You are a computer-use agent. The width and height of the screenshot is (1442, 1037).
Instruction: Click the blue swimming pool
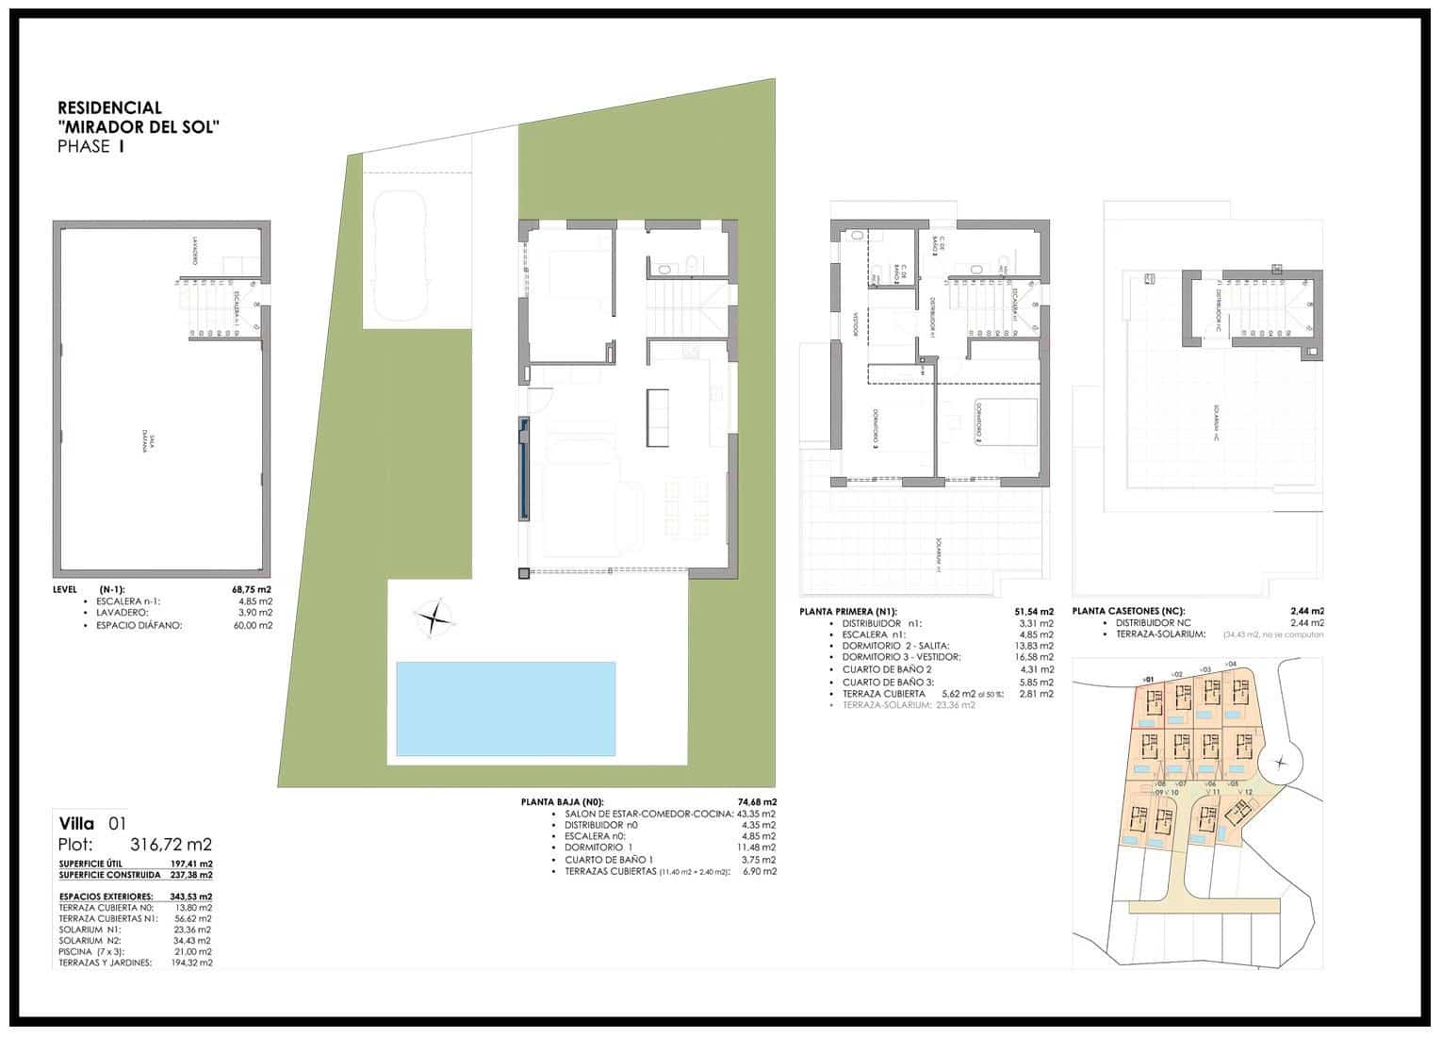[505, 708]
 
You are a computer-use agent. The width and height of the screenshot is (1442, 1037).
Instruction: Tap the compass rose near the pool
[434, 619]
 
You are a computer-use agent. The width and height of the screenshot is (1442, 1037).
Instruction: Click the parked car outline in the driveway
[401, 255]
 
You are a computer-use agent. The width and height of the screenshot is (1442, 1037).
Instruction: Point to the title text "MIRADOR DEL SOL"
[139, 127]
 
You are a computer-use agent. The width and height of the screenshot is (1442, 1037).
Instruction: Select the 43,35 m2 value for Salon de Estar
[756, 814]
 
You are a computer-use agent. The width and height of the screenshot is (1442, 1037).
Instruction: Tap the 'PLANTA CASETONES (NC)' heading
[1128, 611]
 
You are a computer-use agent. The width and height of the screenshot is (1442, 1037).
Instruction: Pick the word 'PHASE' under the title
[84, 146]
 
